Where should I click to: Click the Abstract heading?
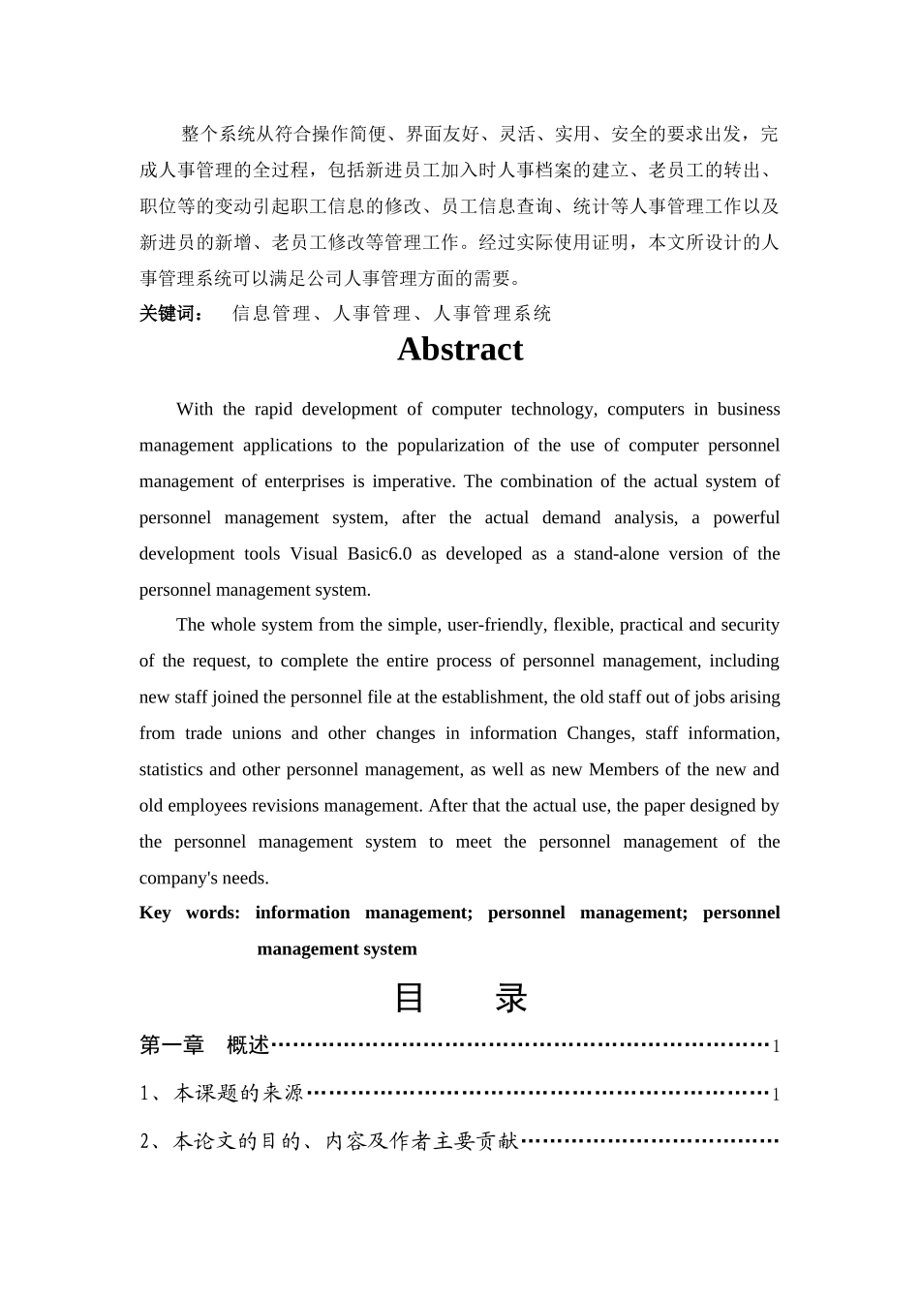pyautogui.click(x=460, y=350)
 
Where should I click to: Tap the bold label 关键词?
pyautogui.click(x=170, y=314)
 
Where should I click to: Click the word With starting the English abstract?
pyautogui.click(x=195, y=410)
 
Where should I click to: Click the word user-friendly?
pyautogui.click(x=495, y=625)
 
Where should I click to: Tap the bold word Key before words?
pyautogui.click(x=155, y=914)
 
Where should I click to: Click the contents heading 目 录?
pyautogui.click(x=460, y=998)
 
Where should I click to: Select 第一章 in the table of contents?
pyautogui.click(x=172, y=1045)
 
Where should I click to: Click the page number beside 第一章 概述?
pyautogui.click(x=776, y=1046)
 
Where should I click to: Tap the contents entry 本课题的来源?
pyautogui.click(x=238, y=1094)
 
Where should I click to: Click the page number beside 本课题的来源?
pyautogui.click(x=776, y=1095)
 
